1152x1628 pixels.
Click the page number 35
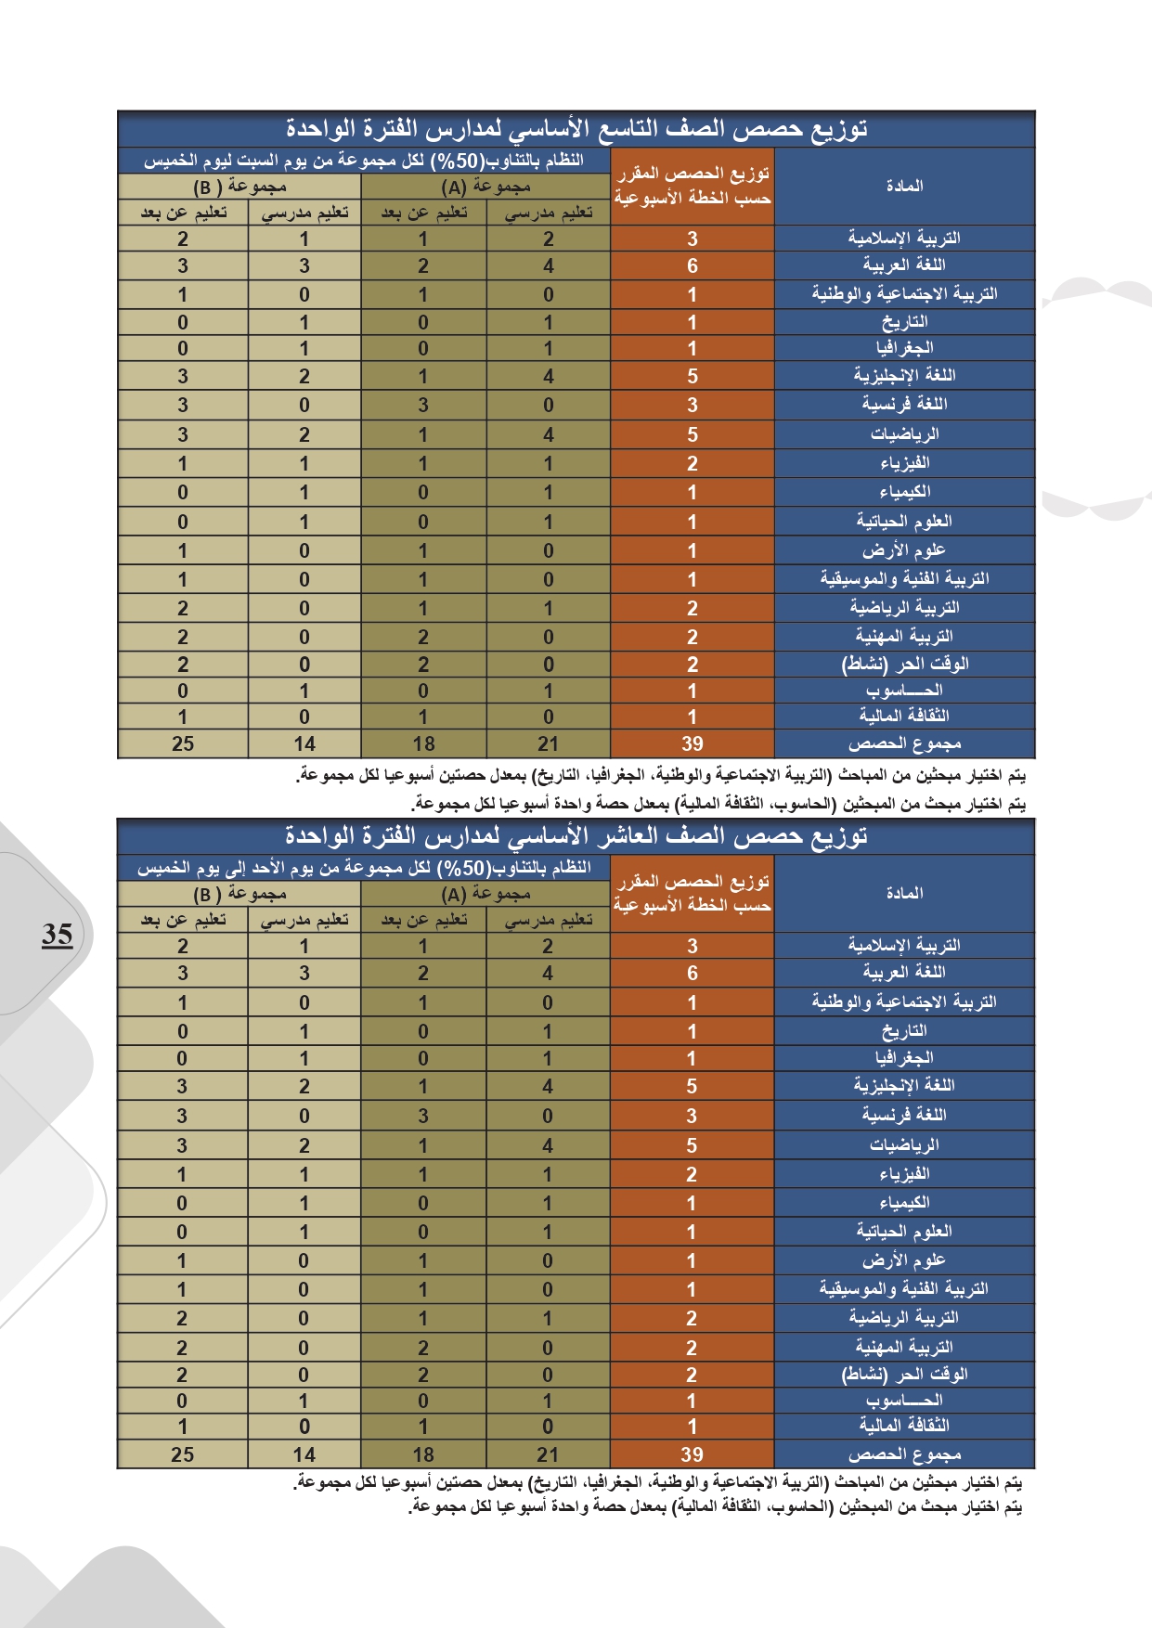click(x=57, y=934)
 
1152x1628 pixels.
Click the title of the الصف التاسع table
click(x=576, y=129)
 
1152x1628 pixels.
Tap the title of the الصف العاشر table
click(x=576, y=836)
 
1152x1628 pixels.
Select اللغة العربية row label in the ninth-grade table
click(x=904, y=265)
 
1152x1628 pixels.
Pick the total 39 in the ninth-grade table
click(x=692, y=743)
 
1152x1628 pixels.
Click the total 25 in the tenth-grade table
click(x=183, y=1454)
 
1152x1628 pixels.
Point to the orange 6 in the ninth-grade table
click(x=692, y=266)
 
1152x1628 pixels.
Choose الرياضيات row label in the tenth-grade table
click(x=904, y=1144)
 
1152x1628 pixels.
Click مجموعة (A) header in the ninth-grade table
click(x=485, y=187)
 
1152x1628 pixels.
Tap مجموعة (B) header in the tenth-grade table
click(x=239, y=895)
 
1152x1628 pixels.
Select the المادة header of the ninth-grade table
click(x=904, y=186)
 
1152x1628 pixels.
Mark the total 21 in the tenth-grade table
click(x=548, y=1454)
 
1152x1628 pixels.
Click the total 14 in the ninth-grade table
click(x=304, y=743)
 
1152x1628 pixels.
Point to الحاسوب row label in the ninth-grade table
click(x=904, y=691)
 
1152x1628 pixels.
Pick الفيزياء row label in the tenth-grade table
click(x=904, y=1173)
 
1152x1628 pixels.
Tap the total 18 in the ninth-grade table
click(x=423, y=743)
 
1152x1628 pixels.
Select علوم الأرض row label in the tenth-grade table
click(x=904, y=1260)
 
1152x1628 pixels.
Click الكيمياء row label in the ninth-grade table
click(x=904, y=492)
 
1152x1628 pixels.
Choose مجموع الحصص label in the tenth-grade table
click(x=904, y=1454)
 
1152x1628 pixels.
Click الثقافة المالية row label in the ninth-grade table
click(x=904, y=716)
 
